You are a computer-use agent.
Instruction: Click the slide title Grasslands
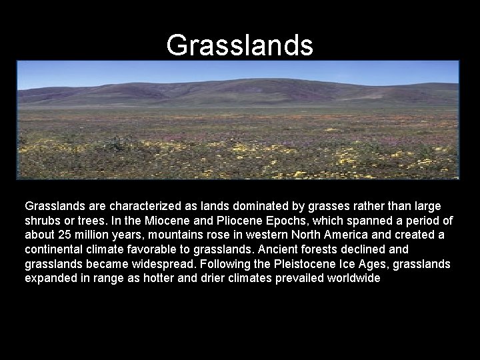[239, 45]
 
